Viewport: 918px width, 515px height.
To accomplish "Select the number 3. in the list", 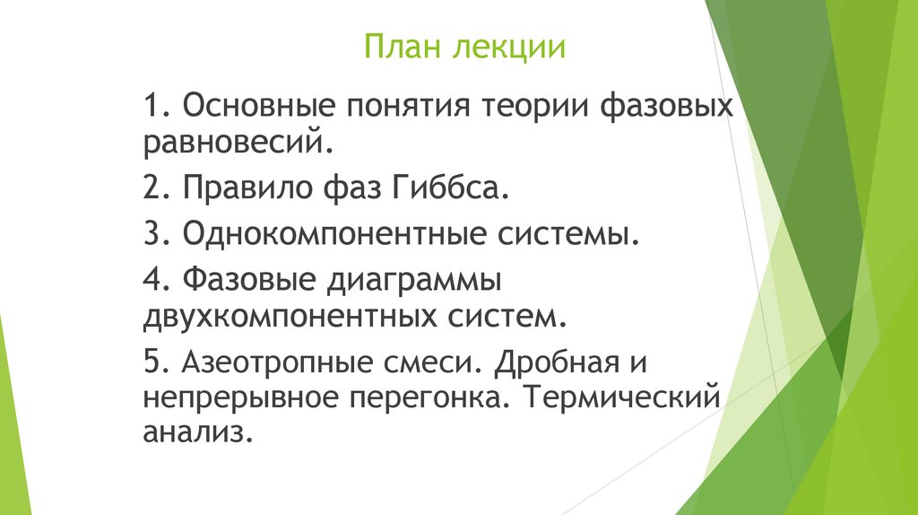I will pyautogui.click(x=156, y=235).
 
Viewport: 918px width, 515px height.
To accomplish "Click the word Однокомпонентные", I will pyautogui.click(x=333, y=235).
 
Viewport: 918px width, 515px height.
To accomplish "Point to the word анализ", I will pyautogui.click(x=193, y=432).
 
